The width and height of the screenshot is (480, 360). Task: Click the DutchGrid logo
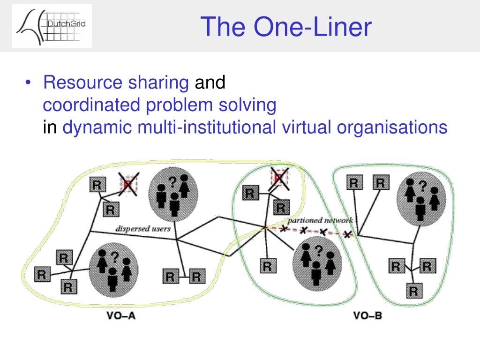click(52, 26)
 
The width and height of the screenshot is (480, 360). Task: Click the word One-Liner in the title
click(313, 27)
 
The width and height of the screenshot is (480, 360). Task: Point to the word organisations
click(392, 127)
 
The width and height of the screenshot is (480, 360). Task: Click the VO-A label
click(121, 315)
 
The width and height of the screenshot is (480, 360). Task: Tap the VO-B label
click(367, 315)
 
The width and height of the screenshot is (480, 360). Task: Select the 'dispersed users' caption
click(143, 229)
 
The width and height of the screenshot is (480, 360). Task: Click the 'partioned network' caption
click(320, 220)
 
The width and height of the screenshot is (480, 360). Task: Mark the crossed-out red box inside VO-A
click(128, 184)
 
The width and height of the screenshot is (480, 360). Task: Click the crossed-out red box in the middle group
click(279, 179)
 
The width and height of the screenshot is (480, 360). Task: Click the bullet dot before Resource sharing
click(28, 82)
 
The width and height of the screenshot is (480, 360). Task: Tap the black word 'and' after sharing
click(210, 82)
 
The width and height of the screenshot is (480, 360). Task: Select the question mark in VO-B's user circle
click(423, 186)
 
